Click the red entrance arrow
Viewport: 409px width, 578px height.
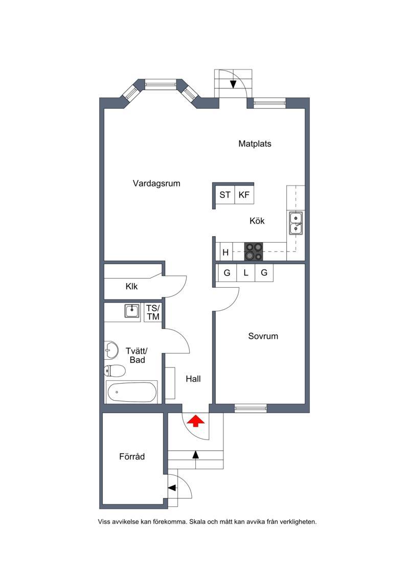(x=196, y=421)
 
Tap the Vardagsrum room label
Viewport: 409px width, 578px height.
(x=156, y=183)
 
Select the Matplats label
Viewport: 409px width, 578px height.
(x=255, y=144)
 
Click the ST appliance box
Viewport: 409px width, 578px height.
(x=225, y=195)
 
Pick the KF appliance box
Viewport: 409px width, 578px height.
(x=244, y=195)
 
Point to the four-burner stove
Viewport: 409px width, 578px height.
(x=254, y=251)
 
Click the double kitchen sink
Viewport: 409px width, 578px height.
(x=296, y=223)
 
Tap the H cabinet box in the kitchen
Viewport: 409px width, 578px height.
(x=225, y=252)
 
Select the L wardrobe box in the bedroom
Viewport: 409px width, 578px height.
(x=245, y=273)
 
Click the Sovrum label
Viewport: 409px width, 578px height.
(x=263, y=336)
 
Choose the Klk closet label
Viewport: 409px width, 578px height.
(x=132, y=286)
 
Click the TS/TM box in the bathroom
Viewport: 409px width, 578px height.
(x=153, y=312)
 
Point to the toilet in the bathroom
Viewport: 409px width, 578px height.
(x=115, y=371)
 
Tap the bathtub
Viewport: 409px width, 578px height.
(x=132, y=392)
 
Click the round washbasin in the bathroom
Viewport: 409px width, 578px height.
(x=111, y=350)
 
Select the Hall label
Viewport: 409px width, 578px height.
(x=193, y=379)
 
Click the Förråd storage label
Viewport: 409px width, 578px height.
(x=132, y=456)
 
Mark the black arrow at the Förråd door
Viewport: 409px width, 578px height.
(x=172, y=488)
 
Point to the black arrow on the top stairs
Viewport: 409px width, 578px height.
(x=233, y=84)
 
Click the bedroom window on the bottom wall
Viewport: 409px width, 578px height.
(x=251, y=408)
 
